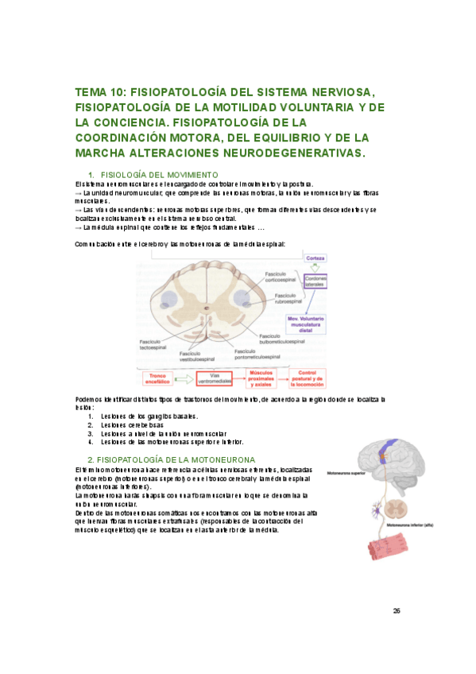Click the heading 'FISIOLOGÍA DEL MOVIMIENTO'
pyautogui.click(x=159, y=174)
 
